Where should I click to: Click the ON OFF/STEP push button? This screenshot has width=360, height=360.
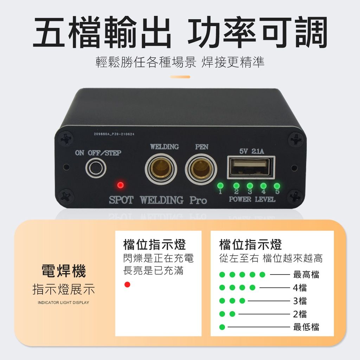[96, 168]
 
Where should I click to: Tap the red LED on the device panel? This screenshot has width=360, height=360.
[120, 185]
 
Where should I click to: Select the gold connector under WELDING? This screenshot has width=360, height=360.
[161, 169]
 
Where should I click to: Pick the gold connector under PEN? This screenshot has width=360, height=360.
[201, 169]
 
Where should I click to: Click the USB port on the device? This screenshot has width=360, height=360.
[251, 167]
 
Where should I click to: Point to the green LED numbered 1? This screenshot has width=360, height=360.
[220, 185]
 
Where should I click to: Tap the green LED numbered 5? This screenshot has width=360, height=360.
[277, 186]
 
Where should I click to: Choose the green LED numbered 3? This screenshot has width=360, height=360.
[250, 186]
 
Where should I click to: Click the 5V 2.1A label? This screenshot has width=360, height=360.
[252, 151]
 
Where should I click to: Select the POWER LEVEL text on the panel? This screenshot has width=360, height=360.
[252, 199]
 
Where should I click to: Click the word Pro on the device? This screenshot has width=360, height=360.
[198, 200]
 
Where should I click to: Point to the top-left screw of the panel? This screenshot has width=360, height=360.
[66, 139]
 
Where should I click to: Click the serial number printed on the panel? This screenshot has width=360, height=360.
[114, 134]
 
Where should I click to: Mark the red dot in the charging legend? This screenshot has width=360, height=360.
[127, 284]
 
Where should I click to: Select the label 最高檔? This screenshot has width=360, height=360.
[306, 275]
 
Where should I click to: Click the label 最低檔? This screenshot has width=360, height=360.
[306, 327]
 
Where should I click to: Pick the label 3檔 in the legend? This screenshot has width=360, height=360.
[300, 301]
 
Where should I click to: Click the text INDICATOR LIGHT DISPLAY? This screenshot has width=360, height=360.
[63, 303]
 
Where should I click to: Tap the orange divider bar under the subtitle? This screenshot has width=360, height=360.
[180, 77]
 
